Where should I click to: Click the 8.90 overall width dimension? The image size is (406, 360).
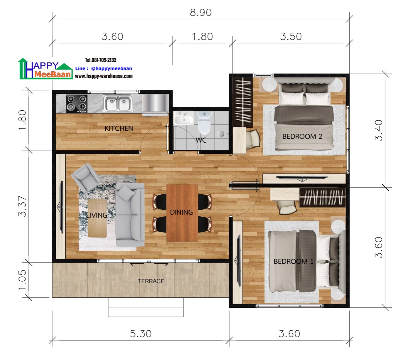(200, 13)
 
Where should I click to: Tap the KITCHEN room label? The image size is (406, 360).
(118, 128)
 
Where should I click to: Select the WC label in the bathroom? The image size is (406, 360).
(201, 140)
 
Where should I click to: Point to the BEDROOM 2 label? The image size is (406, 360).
(302, 136)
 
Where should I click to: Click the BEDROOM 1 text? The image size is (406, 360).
(294, 261)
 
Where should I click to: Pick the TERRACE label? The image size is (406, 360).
(151, 281)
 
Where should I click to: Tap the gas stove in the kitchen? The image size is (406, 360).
(77, 103)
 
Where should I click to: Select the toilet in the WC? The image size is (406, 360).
(204, 122)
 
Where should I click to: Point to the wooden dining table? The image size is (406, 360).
(182, 213)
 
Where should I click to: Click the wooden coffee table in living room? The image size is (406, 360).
(97, 218)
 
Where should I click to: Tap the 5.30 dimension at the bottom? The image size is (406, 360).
(140, 334)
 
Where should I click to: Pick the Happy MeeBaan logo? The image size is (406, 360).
(45, 69)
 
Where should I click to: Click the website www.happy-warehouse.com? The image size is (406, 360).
(104, 76)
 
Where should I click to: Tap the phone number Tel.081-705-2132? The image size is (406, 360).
(101, 60)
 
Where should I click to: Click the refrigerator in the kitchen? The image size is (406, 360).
(155, 104)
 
